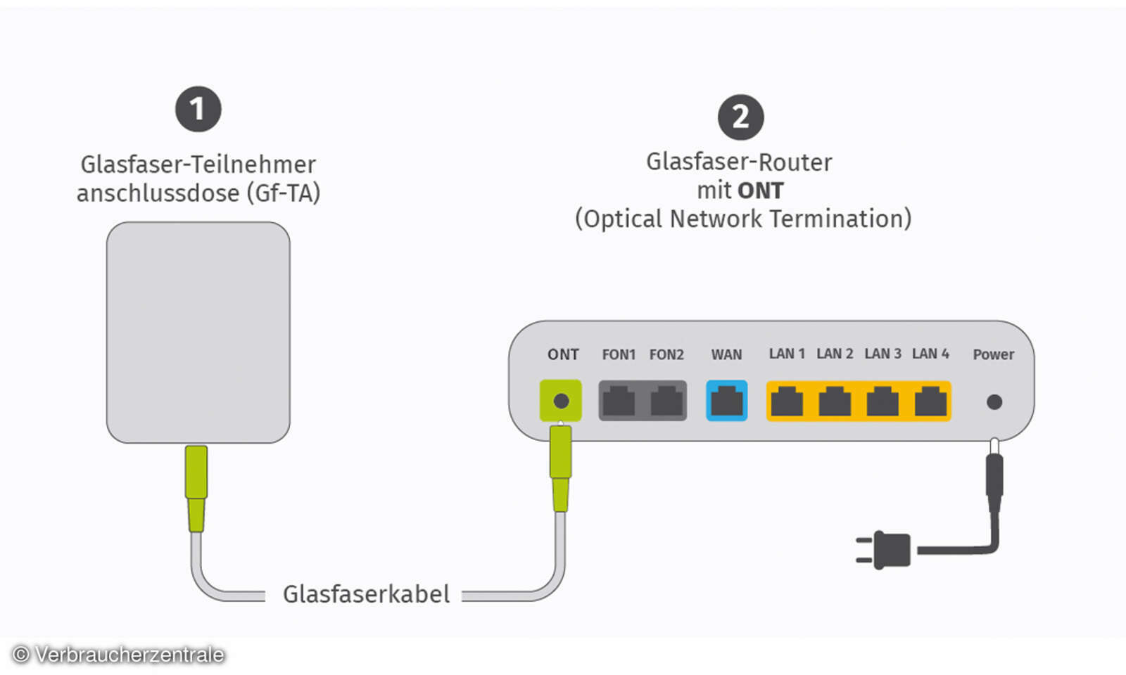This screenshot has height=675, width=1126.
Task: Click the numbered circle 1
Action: tap(198, 109)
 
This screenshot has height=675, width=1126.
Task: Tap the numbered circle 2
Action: tap(740, 117)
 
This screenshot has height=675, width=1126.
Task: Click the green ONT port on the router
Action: tap(561, 401)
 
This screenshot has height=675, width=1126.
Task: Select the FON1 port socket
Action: tap(619, 401)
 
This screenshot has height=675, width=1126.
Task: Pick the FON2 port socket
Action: tap(666, 401)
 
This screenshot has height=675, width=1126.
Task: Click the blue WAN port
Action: tap(726, 401)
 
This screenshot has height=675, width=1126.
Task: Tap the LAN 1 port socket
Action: tap(787, 401)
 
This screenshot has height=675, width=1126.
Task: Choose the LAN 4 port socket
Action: tap(930, 401)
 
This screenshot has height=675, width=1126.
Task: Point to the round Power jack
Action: tap(994, 402)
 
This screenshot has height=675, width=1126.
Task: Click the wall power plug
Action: tap(887, 550)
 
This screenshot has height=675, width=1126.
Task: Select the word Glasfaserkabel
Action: tap(366, 594)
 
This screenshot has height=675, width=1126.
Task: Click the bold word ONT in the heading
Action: tap(761, 191)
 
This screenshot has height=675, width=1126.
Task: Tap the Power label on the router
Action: tap(993, 354)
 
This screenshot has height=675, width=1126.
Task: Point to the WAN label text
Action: tap(726, 354)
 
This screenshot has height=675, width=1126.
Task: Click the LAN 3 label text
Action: tap(883, 354)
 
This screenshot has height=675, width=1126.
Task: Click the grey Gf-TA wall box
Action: tap(198, 332)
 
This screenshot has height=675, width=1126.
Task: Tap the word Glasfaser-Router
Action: tap(739, 162)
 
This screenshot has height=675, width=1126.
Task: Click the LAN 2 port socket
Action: tap(835, 401)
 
